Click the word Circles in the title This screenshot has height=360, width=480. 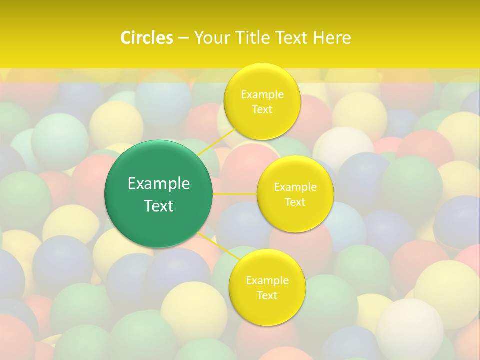(x=147, y=38)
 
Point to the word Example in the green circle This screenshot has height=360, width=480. (x=159, y=184)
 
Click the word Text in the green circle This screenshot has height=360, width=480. (x=159, y=206)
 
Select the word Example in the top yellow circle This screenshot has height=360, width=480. (x=262, y=95)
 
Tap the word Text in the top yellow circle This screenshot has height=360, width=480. (x=262, y=109)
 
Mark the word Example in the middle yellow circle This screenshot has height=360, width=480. (x=295, y=187)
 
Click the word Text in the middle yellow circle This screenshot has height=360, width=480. (x=295, y=202)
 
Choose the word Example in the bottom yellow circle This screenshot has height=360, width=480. (x=267, y=281)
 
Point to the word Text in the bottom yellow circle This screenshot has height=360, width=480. (x=267, y=295)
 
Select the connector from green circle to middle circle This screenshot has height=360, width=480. (x=235, y=193)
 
